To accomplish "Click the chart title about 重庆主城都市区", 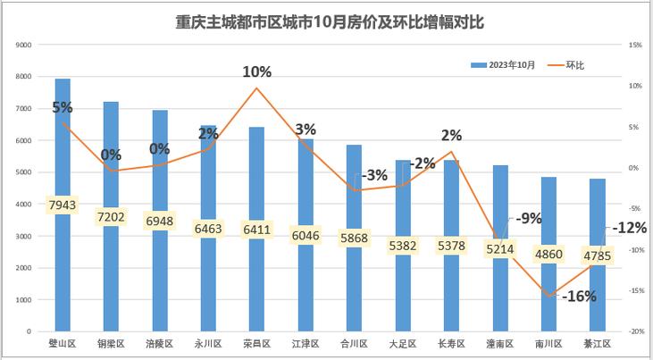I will point(330,21).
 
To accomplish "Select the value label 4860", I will point(548,254).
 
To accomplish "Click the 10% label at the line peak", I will point(257,71).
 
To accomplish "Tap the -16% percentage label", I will point(578,297).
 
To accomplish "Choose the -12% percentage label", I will point(629,228).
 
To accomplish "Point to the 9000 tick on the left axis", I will point(24,45).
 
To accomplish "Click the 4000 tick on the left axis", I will point(24,204).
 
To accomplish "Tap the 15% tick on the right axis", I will point(635,45).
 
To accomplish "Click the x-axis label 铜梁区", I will point(111,343).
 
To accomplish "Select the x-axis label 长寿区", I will point(451,343).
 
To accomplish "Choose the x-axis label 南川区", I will point(548,343).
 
